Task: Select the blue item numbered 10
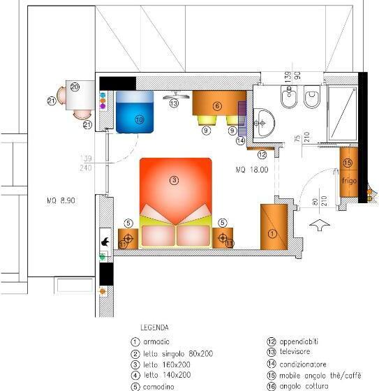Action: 135,112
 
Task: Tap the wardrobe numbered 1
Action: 273,226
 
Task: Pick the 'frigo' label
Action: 350,181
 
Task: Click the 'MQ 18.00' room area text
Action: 251,170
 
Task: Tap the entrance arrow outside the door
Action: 320,226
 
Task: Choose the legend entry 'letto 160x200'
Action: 166,364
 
